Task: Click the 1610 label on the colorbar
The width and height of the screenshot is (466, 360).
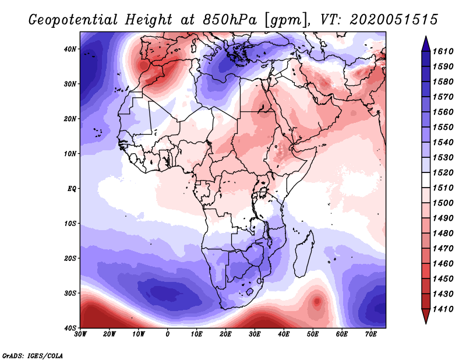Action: [x=443, y=51]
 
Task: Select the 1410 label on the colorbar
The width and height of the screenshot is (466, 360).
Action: [x=443, y=309]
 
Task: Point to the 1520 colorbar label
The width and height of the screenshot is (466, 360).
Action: [x=443, y=172]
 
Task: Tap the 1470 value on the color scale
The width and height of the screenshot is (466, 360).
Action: [x=443, y=249]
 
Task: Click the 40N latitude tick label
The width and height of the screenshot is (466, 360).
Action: [x=70, y=49]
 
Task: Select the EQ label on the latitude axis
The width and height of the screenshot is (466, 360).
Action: [x=72, y=189]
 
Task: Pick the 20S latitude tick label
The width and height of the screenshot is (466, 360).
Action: [x=70, y=258]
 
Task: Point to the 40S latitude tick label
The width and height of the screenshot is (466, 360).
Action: [x=70, y=328]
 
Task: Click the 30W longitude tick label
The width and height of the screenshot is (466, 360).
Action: [x=80, y=334]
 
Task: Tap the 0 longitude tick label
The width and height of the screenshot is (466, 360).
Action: [x=168, y=334]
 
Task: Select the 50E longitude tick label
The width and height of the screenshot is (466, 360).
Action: [x=313, y=334]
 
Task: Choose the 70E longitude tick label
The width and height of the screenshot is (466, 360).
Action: [x=370, y=334]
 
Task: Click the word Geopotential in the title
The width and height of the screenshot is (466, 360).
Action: [x=73, y=20]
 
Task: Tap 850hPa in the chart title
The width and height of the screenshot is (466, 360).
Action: [x=230, y=20]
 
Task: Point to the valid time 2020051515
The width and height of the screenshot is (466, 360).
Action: [x=394, y=20]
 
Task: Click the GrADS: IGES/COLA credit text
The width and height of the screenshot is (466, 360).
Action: [x=33, y=355]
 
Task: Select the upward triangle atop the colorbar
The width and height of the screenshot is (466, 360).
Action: [x=426, y=44]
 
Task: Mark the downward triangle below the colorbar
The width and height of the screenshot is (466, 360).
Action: [x=426, y=316]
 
